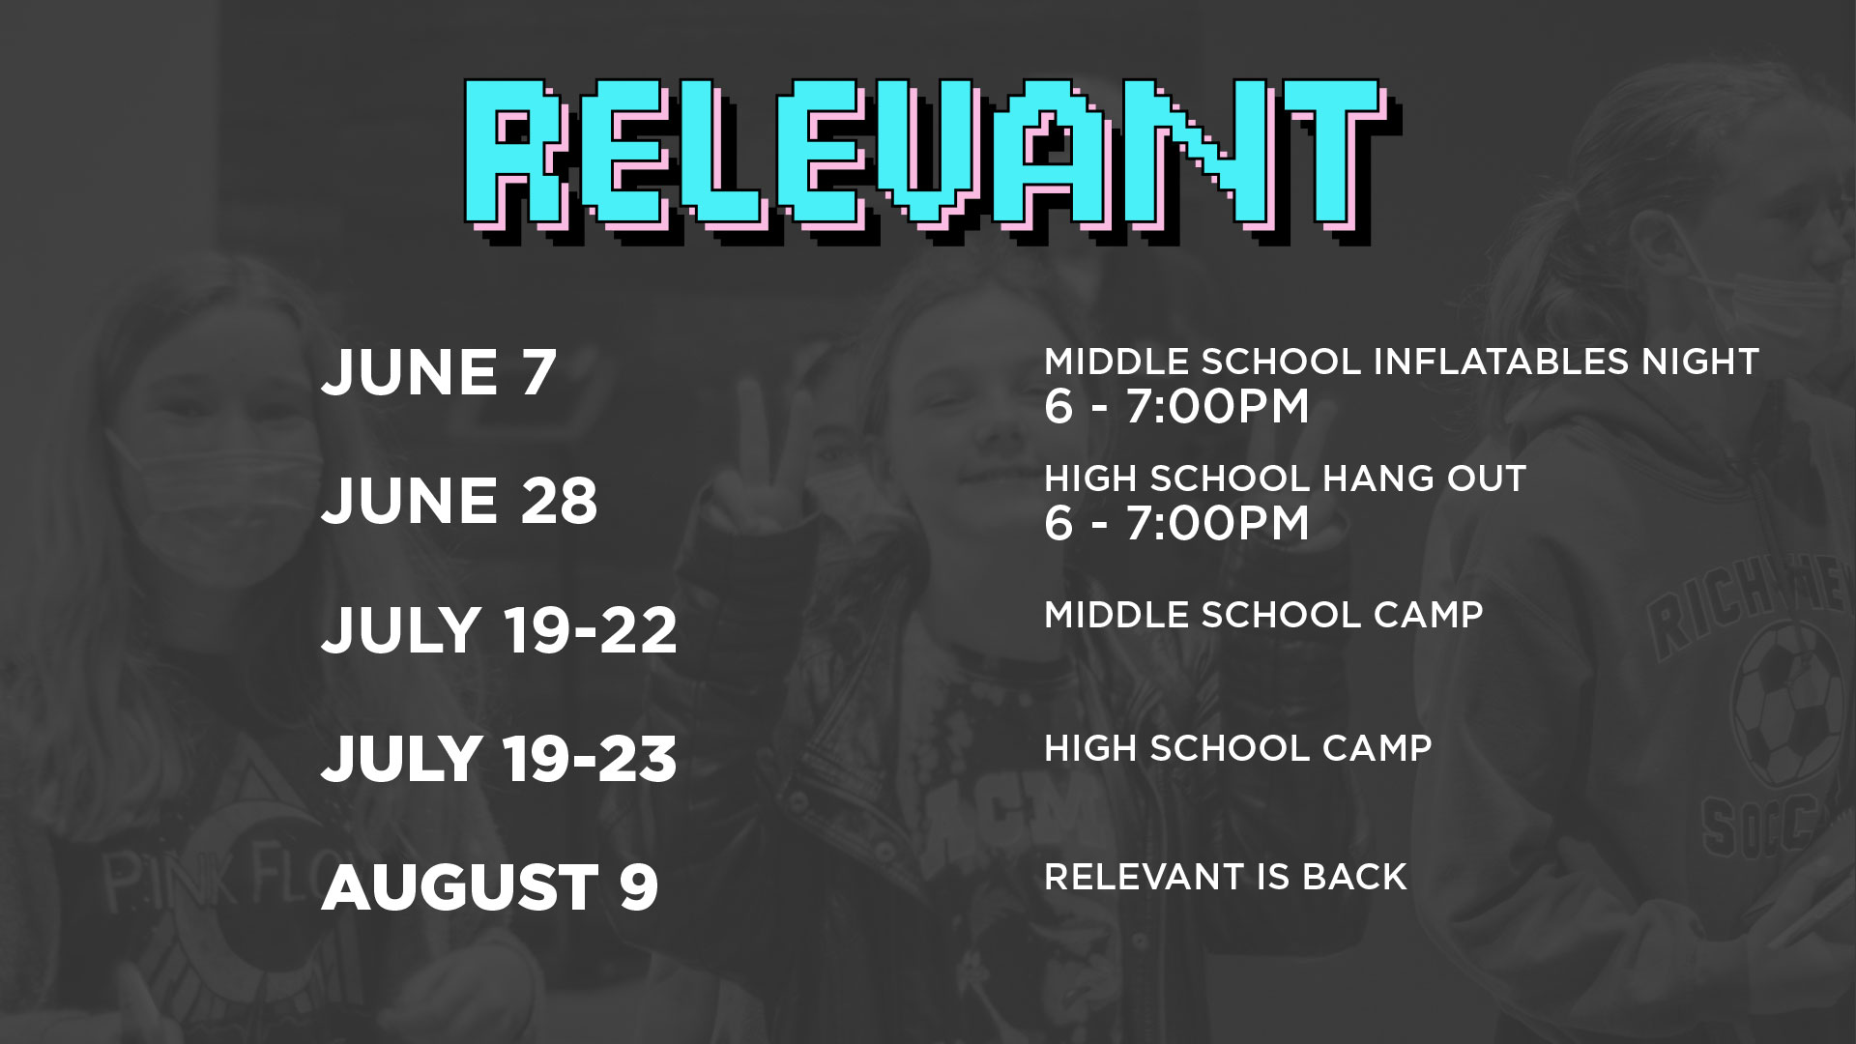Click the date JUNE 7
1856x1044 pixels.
coord(439,372)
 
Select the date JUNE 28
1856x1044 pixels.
coord(459,501)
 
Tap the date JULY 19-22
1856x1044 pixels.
coord(499,629)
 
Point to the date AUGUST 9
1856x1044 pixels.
coord(489,886)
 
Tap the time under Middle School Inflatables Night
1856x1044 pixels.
coord(1176,406)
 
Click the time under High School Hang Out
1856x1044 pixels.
coord(1176,523)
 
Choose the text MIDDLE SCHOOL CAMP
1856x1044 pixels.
coord(1263,615)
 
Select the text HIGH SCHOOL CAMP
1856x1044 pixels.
coord(1238,747)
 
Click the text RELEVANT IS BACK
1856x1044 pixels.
coord(1226,877)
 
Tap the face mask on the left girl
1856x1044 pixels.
coord(174,483)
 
